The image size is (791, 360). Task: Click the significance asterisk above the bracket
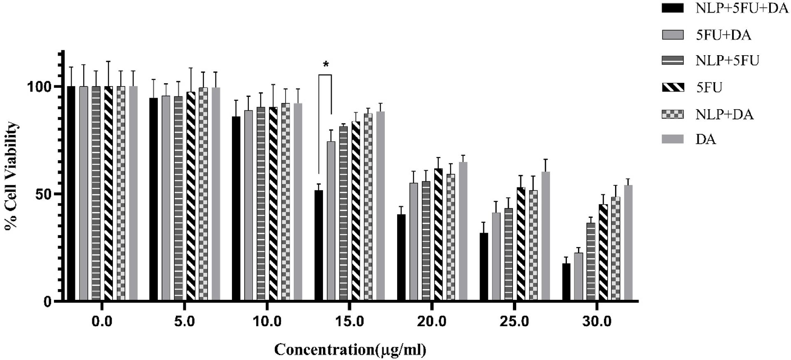pos(326,65)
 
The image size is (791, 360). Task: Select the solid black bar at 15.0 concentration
pos(318,245)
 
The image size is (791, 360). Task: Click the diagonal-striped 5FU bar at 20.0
pos(438,234)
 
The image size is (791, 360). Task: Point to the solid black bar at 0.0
pos(71,193)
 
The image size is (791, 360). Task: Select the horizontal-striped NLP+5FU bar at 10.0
pos(261,203)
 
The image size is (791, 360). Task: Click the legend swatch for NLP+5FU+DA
pos(672,8)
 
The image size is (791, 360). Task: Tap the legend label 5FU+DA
pos(723,35)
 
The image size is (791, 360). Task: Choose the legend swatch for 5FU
pos(672,87)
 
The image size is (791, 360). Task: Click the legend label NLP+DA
pos(725,114)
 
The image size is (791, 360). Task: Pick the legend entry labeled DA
pos(706,139)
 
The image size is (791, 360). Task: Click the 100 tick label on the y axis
pos(40,86)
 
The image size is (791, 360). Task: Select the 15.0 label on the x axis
pos(349,321)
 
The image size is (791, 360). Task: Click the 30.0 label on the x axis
pos(597,321)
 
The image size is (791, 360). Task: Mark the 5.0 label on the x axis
pos(184,321)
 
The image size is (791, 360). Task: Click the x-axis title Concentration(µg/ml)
pos(350,350)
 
